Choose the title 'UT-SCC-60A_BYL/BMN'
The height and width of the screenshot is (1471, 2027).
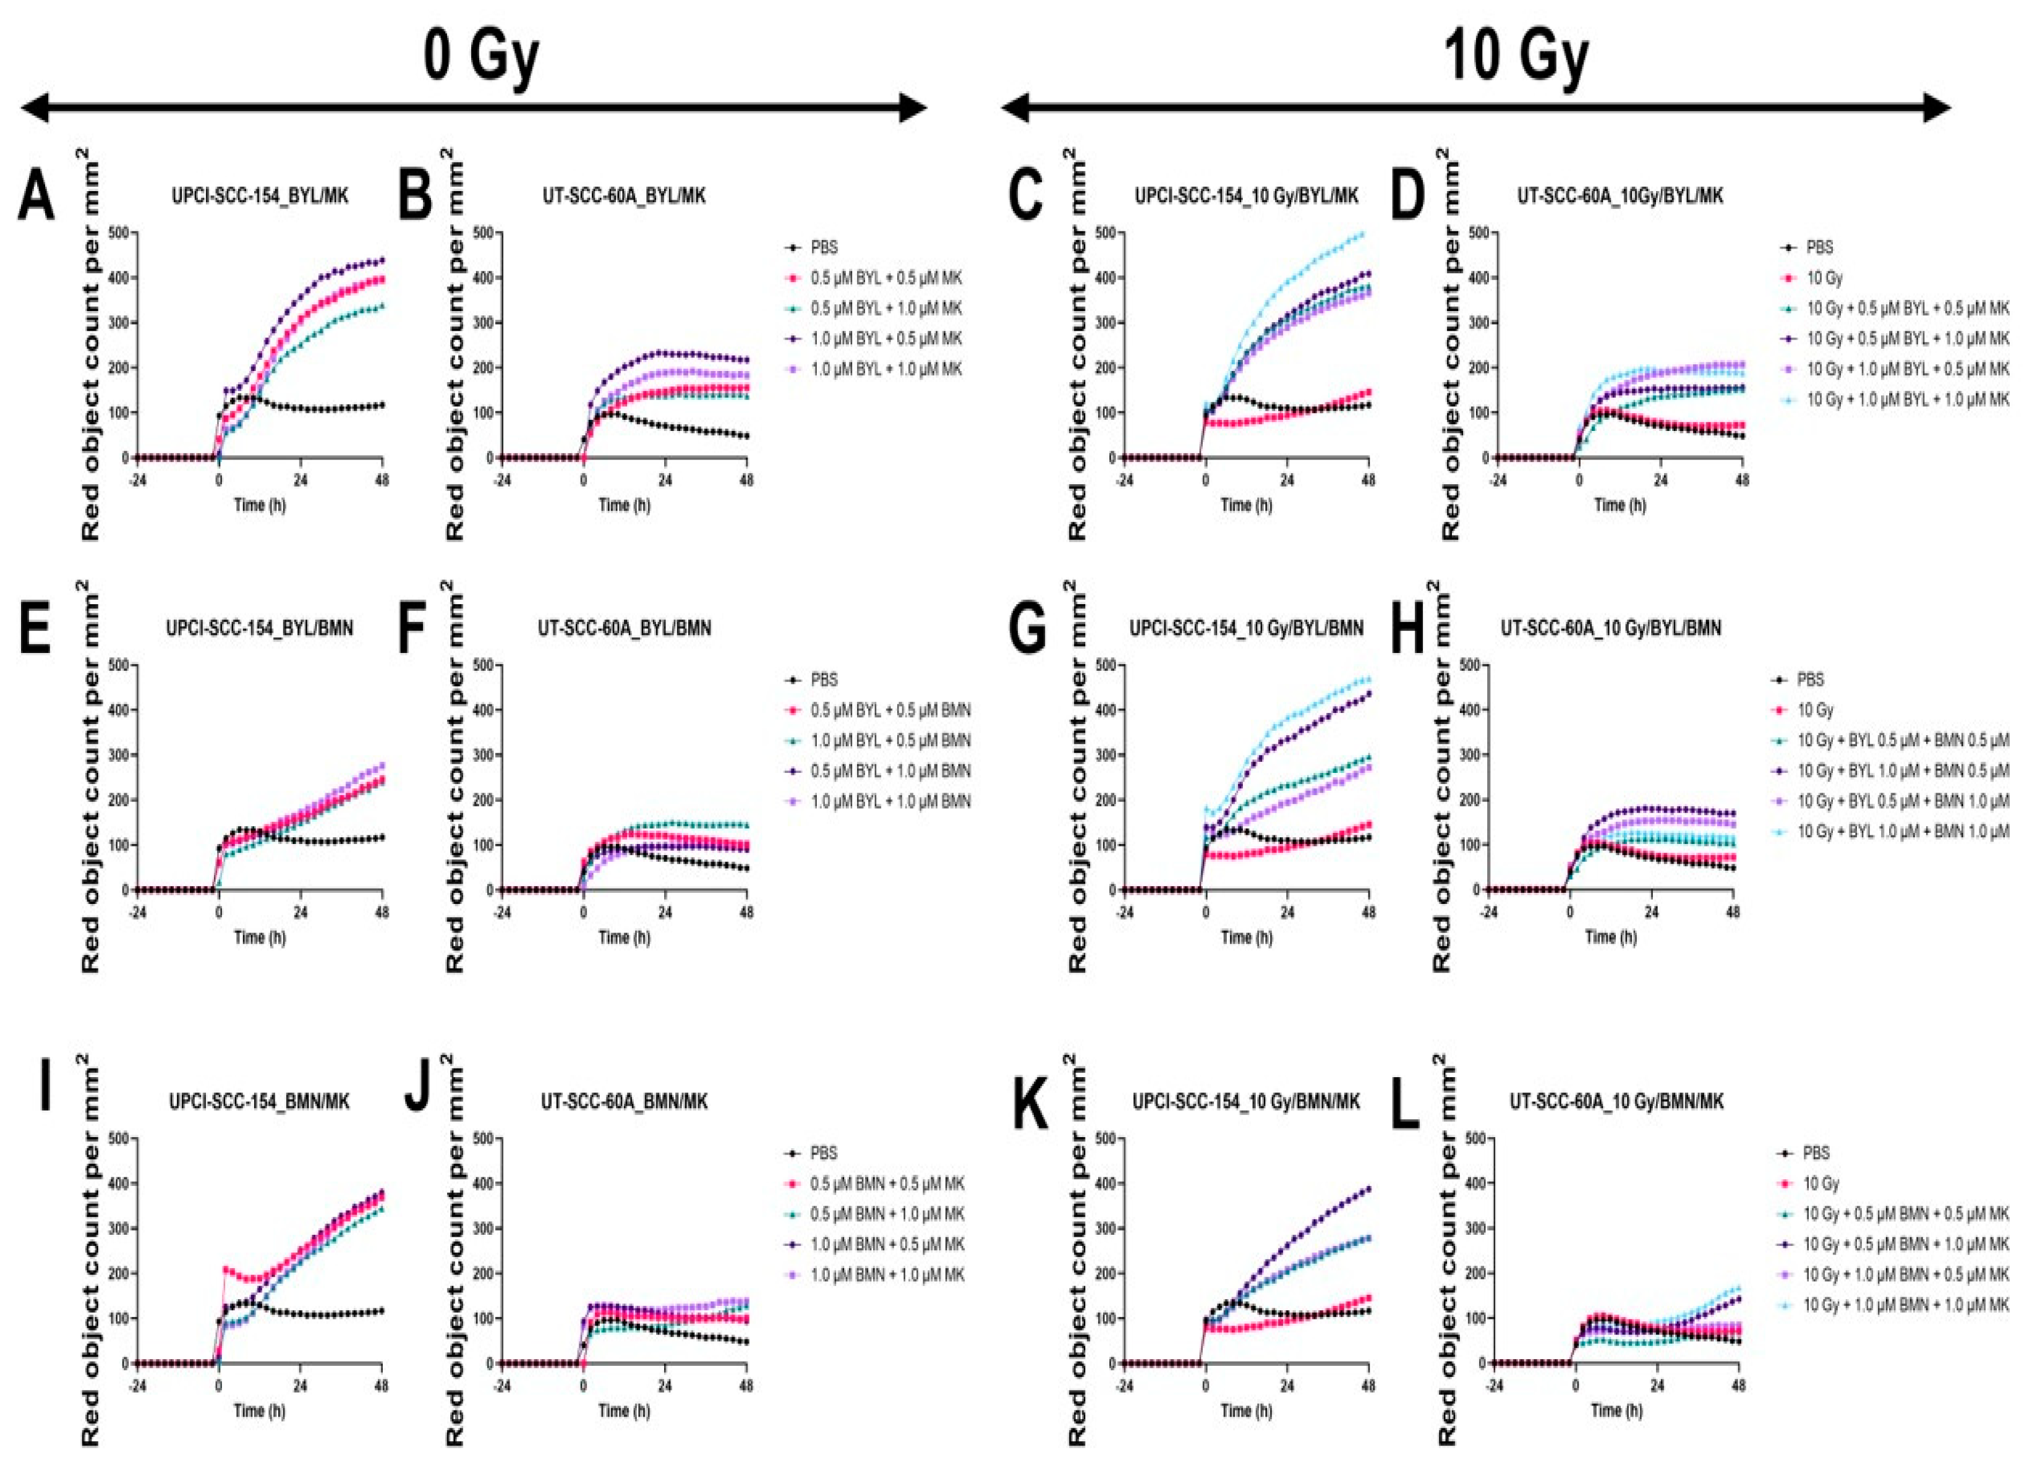coord(624,628)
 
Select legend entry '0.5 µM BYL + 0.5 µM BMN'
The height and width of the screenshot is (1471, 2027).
coord(890,710)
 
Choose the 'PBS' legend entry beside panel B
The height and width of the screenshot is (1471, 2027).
coord(824,247)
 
